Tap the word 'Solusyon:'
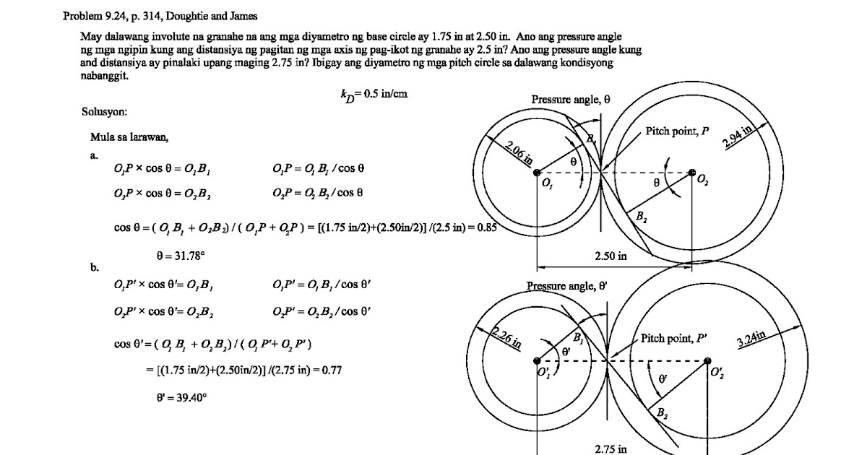(x=105, y=112)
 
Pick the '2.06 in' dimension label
(x=518, y=153)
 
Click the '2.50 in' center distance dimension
(x=611, y=256)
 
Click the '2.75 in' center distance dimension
(x=611, y=449)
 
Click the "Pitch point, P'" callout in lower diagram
(x=674, y=338)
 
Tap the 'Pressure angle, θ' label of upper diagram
(x=571, y=99)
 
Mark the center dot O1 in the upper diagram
(x=537, y=172)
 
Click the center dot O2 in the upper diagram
(x=692, y=173)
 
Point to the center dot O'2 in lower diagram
(x=707, y=361)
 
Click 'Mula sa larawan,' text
(x=129, y=136)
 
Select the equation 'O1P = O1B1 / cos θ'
(x=319, y=169)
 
